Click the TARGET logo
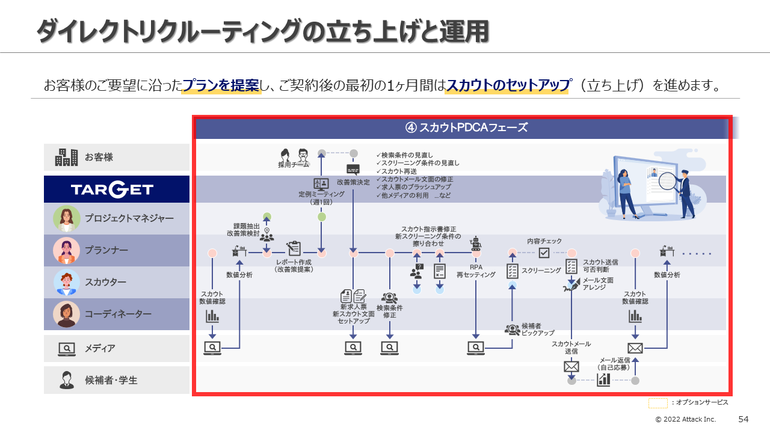point(112,189)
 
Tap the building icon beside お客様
point(66,158)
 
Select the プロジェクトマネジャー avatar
point(67,218)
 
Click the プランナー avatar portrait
point(67,250)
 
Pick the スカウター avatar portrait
point(67,282)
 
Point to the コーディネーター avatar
point(67,314)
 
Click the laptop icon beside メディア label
point(67,349)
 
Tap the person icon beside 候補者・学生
point(67,380)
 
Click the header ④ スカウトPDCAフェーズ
point(466,127)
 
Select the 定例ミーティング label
point(321,194)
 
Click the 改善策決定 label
point(353,182)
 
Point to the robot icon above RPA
point(476,243)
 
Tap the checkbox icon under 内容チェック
point(544,253)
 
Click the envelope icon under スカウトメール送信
point(571,367)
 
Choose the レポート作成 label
point(294,262)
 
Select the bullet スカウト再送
point(396,171)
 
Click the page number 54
point(743,419)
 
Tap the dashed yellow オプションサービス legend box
point(658,403)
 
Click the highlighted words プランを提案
point(221,85)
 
